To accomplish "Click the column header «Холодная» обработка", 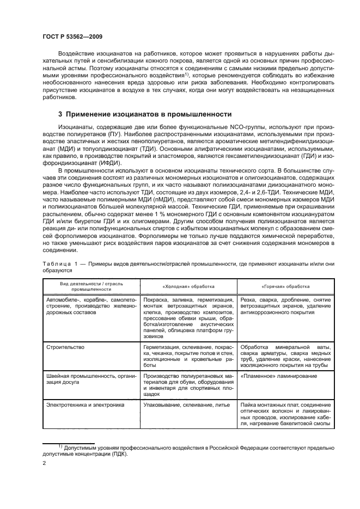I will pyautogui.click(x=188, y=286).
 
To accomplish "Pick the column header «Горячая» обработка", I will pyautogui.click(x=285, y=286).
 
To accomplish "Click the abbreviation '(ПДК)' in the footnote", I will pyautogui.click(x=115, y=453).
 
